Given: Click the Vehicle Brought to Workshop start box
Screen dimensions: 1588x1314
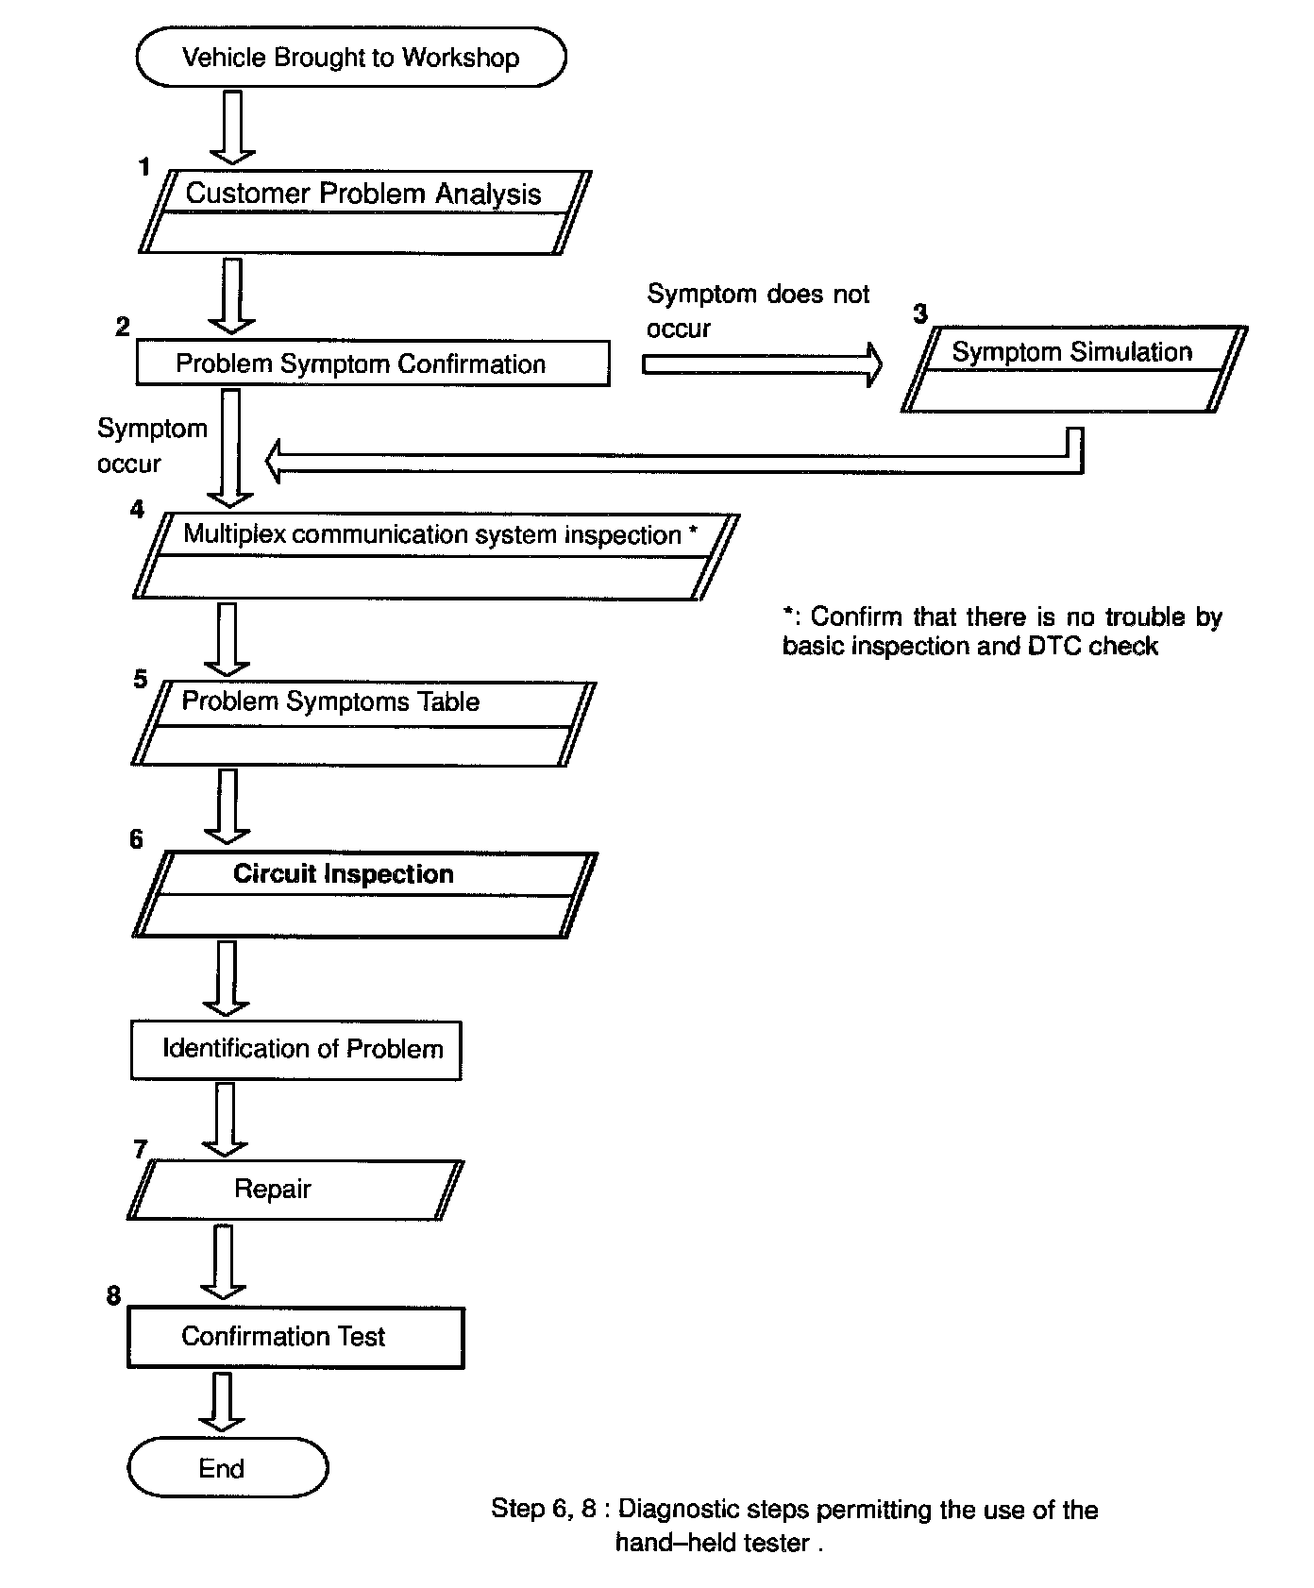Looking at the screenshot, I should (x=351, y=58).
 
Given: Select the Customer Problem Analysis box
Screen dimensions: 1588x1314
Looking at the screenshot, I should (x=364, y=211).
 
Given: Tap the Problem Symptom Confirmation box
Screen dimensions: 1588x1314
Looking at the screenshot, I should (x=373, y=363).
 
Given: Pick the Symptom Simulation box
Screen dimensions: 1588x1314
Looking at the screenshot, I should (x=1073, y=369).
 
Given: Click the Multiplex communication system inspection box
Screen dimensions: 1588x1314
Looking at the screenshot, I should (x=435, y=556).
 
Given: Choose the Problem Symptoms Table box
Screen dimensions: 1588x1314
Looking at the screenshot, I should (x=363, y=723).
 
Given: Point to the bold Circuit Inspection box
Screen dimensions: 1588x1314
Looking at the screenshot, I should (x=364, y=894).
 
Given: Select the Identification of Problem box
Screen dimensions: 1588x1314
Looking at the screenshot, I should (x=296, y=1049).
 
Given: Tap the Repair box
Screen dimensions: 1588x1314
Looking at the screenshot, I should (x=295, y=1190).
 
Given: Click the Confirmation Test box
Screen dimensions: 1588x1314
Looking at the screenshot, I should (x=295, y=1337).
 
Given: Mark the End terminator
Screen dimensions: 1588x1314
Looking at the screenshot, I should (x=227, y=1467).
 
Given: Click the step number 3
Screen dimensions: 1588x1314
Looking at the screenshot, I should (x=920, y=313).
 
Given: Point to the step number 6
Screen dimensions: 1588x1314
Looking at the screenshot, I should (x=137, y=839).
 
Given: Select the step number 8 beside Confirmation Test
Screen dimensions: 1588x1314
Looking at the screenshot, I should (x=113, y=1295).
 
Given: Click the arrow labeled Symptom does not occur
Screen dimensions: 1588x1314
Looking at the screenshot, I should (x=761, y=364).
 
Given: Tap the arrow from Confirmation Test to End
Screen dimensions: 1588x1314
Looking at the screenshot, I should (x=223, y=1402).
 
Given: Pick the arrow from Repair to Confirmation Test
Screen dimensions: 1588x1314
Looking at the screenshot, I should (x=224, y=1261).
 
